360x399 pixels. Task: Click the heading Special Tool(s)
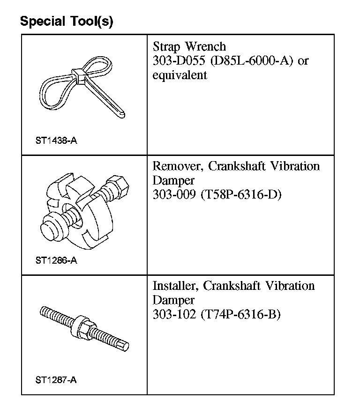tap(66, 22)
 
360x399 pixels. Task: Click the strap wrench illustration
tap(82, 89)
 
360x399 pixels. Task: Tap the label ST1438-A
tap(56, 140)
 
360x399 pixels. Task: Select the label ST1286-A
tap(56, 260)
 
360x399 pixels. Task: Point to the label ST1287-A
tap(56, 380)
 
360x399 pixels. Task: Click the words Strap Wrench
tap(189, 47)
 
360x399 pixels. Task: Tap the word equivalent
tap(180, 75)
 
